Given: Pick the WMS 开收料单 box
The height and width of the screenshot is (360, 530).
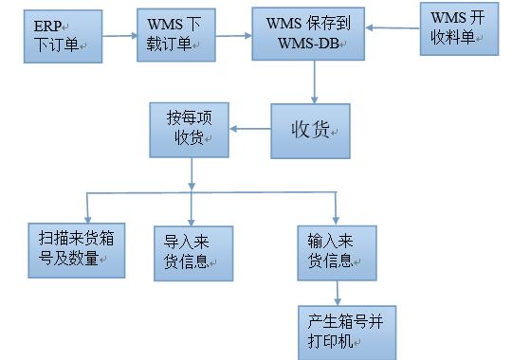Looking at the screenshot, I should coord(458,28).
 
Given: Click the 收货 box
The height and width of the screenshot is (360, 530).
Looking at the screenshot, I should coord(311,131).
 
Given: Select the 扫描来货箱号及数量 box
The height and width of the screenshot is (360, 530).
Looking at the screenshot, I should coord(76,250).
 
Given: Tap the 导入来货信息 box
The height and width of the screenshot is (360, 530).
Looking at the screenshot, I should coord(193,252).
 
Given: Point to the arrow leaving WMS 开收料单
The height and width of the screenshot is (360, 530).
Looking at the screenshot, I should coord(393,28).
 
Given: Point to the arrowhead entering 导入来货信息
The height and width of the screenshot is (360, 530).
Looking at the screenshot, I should coord(193,218).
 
